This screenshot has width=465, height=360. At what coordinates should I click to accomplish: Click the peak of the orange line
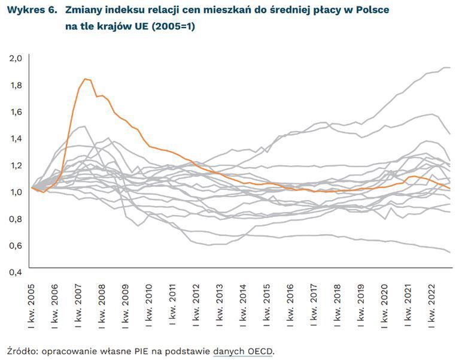[85, 78]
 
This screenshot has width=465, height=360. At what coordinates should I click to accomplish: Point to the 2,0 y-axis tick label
[16, 58]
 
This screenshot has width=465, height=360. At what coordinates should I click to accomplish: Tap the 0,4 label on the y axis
[16, 272]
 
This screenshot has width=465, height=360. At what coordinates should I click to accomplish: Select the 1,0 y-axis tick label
[16, 192]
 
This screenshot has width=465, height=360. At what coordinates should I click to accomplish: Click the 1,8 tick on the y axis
[16, 85]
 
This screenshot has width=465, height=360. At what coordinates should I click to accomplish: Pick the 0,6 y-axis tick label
[16, 245]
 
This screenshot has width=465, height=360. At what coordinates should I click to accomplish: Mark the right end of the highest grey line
[449, 68]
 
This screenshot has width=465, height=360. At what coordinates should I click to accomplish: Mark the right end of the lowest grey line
[449, 252]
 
